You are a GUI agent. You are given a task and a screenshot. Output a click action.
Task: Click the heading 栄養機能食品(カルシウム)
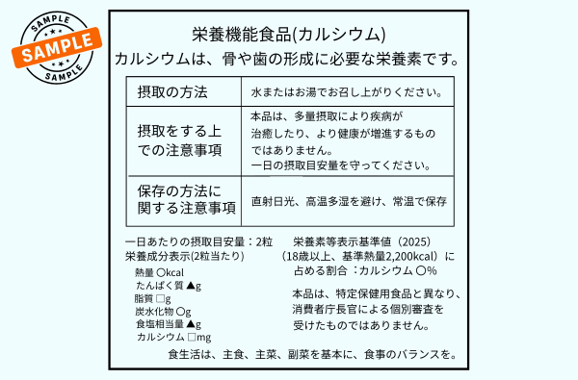tap(289, 35)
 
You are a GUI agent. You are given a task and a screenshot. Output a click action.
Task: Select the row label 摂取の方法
tap(172, 91)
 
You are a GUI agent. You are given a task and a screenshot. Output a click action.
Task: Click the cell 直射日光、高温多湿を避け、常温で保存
tap(349, 202)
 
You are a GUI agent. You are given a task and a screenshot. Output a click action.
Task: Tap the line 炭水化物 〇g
tap(163, 312)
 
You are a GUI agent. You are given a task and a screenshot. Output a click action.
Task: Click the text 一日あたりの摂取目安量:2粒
tap(199, 242)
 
